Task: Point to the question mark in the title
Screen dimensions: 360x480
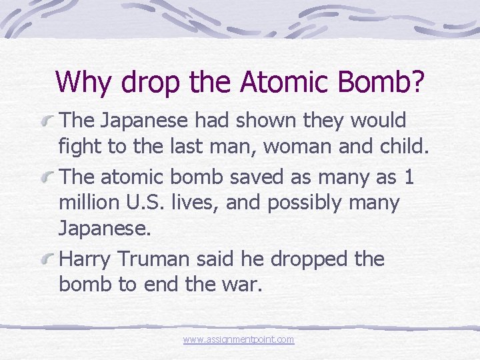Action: tap(416, 81)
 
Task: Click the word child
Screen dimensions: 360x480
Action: tap(399, 146)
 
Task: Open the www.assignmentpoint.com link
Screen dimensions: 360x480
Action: tap(239, 339)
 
